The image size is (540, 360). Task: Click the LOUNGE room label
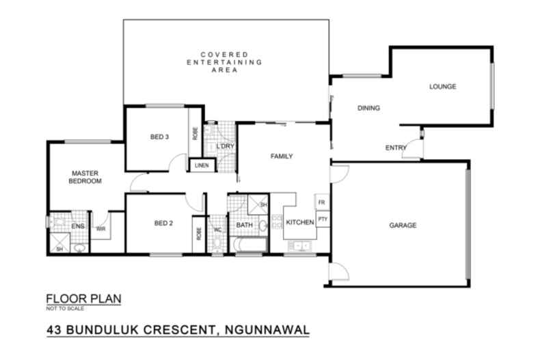[442, 87]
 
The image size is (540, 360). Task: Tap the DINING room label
[368, 109]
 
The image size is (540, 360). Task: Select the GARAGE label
[403, 225]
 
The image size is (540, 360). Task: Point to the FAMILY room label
[282, 156]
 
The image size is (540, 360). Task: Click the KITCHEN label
[299, 223]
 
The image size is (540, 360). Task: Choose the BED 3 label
[159, 137]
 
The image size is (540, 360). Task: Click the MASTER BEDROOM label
[85, 177]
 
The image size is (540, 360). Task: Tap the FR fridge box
[321, 203]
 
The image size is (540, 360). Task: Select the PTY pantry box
[321, 219]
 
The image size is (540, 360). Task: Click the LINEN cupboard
[202, 165]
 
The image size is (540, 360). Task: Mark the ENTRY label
[395, 148]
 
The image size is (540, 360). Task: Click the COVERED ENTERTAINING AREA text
[224, 62]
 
